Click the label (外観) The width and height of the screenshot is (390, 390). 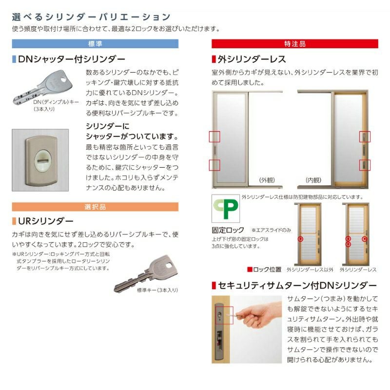click(268, 180)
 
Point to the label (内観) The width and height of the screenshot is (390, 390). click(313, 180)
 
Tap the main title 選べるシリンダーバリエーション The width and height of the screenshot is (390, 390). click(91, 18)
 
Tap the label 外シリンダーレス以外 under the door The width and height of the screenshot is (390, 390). click(310, 270)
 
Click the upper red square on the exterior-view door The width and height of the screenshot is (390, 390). click(214, 137)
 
